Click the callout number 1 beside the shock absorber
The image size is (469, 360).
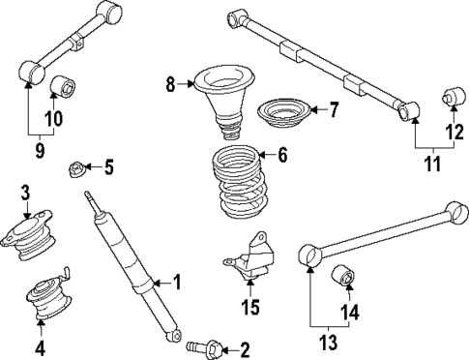coord(177,282)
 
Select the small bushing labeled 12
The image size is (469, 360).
coord(451,97)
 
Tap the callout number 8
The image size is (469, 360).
coord(171,84)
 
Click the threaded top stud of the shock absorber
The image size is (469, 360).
coord(92,200)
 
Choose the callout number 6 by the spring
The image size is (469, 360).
coord(282,155)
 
